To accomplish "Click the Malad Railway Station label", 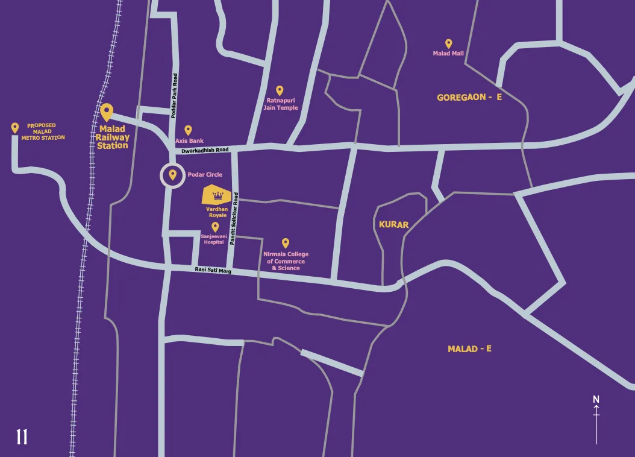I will [x=113, y=137].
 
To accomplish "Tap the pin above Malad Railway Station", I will [x=107, y=112].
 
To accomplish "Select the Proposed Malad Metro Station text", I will [x=43, y=132].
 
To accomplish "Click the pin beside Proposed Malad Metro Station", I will [x=15, y=128].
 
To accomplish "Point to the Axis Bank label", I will [x=189, y=141].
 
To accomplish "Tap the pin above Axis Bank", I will [x=188, y=130].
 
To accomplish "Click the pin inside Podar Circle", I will [x=173, y=175].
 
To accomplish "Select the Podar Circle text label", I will [x=205, y=175].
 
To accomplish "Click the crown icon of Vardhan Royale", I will [x=218, y=195].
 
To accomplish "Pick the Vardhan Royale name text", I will [x=217, y=212].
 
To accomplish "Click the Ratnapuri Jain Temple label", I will [x=280, y=104].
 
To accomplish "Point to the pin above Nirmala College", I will [x=286, y=243].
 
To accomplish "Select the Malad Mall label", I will [x=448, y=54].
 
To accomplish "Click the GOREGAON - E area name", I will [x=469, y=97].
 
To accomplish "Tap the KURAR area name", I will [x=393, y=225].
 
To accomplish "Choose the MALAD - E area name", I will [x=469, y=349].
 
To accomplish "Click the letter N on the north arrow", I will [x=596, y=399].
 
